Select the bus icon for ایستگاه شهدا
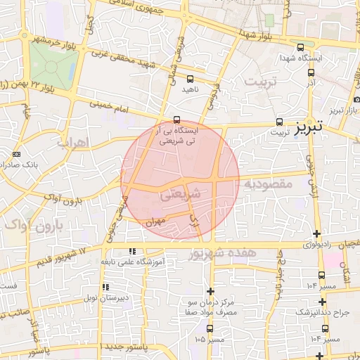coord(301,46)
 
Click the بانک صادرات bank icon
coord(18,155)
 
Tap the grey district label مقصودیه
coord(267,184)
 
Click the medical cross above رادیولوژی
coord(317,234)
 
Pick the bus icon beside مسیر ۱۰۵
coord(210,328)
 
